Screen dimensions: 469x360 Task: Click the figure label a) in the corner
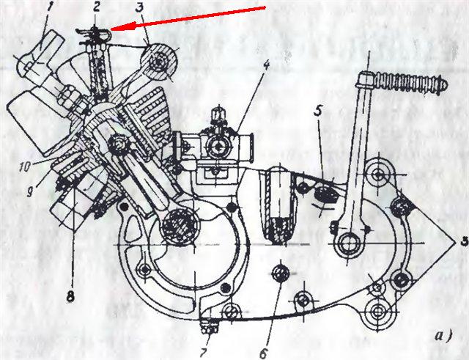tap(443, 336)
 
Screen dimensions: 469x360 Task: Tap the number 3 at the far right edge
tap(464, 241)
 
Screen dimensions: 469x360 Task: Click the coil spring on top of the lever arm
tap(412, 83)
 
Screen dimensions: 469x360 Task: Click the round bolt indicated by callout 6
tap(280, 272)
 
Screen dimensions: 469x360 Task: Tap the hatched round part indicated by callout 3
tap(159, 62)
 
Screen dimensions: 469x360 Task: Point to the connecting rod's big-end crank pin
tap(180, 225)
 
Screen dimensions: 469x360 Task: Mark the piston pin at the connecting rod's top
tap(119, 146)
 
